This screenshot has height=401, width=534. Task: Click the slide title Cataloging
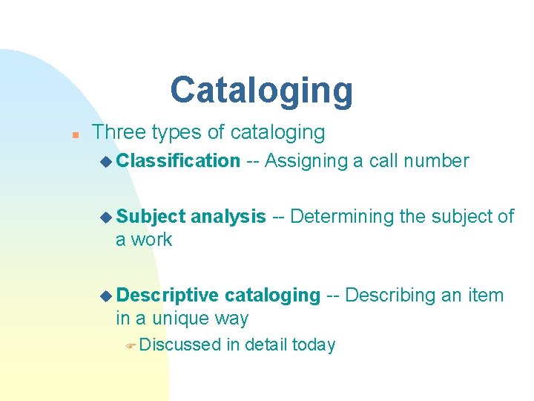click(x=261, y=90)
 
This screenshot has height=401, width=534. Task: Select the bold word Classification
click(x=178, y=160)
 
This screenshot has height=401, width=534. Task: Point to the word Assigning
click(x=306, y=160)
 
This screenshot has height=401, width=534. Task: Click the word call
click(x=383, y=160)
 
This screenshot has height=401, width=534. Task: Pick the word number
click(x=441, y=160)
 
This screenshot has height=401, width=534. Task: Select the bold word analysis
click(x=228, y=216)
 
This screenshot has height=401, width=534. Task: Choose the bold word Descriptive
click(x=168, y=295)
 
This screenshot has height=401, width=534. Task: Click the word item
click(x=486, y=295)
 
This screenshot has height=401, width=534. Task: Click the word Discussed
click(x=179, y=345)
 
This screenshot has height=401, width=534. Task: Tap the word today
click(x=314, y=345)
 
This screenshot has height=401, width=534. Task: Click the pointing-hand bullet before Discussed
click(x=130, y=345)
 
